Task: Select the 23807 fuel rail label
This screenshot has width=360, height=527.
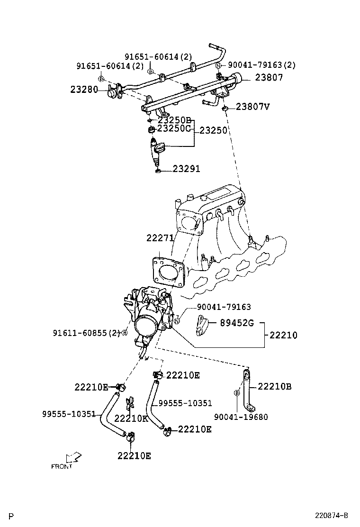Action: point(269,77)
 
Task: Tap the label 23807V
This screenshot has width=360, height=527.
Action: point(252,107)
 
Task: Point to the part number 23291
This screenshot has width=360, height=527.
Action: point(186,169)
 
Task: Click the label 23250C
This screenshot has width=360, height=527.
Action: point(174,128)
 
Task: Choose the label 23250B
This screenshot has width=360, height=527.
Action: point(174,120)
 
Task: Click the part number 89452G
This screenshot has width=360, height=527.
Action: point(237,324)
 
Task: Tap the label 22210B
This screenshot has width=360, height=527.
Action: point(274,387)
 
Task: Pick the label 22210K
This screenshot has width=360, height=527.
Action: point(131,418)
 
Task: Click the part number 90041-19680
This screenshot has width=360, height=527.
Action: point(241,417)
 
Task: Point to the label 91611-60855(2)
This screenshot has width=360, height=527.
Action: point(87,333)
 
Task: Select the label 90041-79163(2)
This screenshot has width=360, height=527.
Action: point(261,65)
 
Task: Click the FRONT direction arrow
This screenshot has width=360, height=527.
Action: point(73,457)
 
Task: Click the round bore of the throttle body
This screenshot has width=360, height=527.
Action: point(145,327)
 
